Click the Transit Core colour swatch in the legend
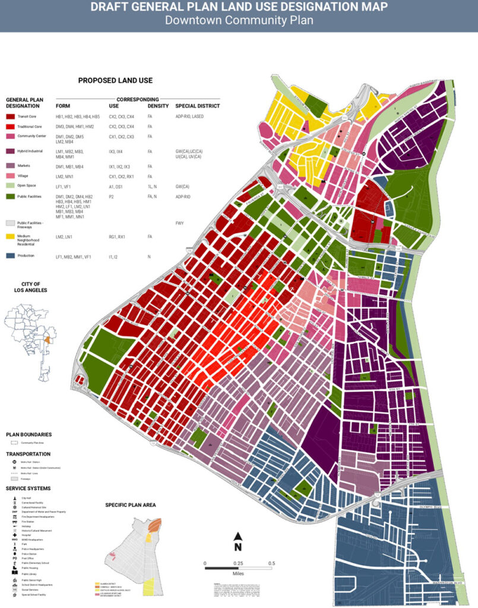click(x=10, y=116)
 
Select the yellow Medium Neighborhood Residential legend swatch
click(x=10, y=236)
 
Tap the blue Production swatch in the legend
click(x=10, y=256)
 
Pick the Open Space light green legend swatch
click(x=10, y=186)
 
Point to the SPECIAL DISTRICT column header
click(x=197, y=106)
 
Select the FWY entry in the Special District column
click(x=179, y=223)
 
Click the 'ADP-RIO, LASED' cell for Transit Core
click(x=189, y=116)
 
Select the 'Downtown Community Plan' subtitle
click(x=239, y=20)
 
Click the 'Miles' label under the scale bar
click(x=238, y=574)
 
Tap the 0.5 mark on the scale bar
click(x=271, y=562)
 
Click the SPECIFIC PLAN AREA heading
click(x=130, y=505)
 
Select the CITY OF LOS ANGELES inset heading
click(x=26, y=287)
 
